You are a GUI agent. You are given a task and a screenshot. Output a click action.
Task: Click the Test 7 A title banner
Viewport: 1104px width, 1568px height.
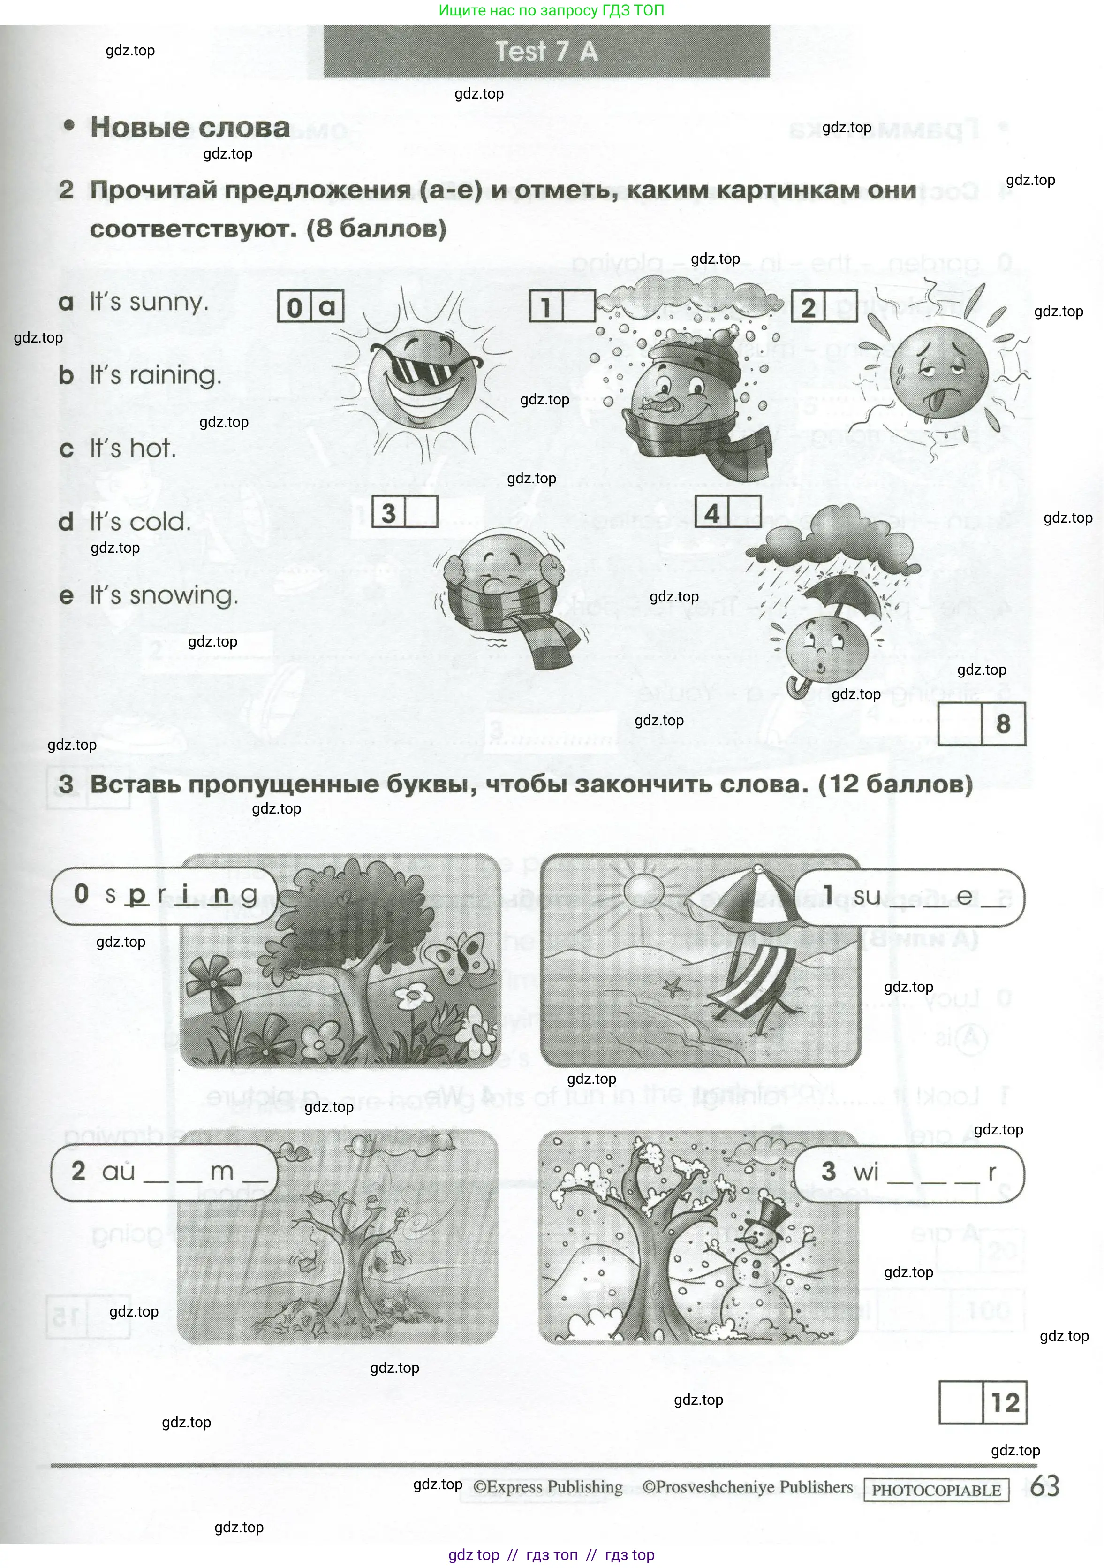[x=546, y=51]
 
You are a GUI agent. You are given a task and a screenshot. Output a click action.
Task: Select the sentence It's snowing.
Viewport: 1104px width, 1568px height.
[x=164, y=595]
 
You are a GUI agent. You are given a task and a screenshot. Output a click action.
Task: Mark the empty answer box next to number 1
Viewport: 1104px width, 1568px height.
[x=578, y=307]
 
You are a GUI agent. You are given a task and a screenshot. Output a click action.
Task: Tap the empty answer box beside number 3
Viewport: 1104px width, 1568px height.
[x=421, y=512]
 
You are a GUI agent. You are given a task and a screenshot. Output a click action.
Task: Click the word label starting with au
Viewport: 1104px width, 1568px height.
[x=165, y=1172]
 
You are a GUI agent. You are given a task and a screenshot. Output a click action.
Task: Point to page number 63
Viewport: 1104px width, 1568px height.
[x=1044, y=1486]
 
